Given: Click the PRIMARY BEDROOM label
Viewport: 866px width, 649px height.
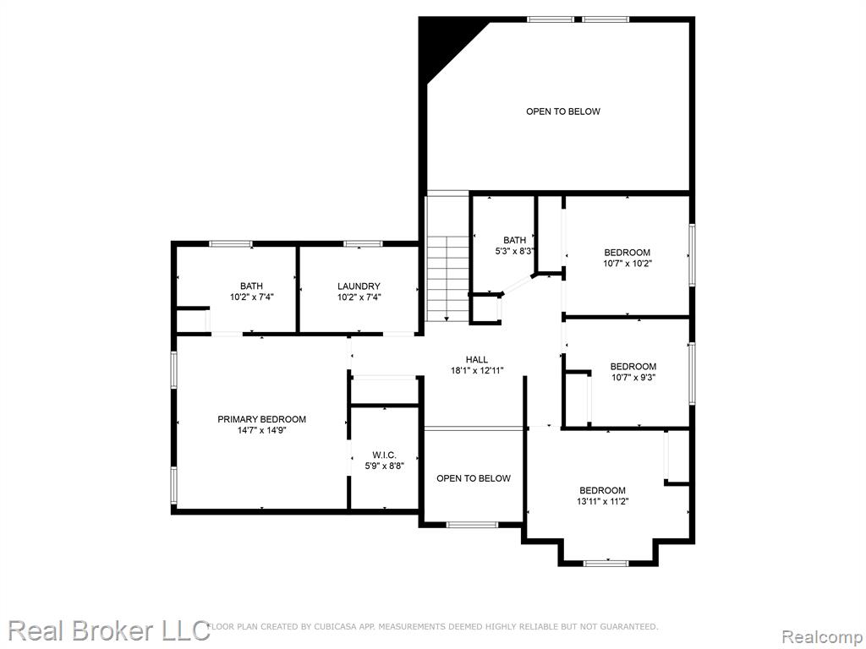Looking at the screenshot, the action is pos(261,419).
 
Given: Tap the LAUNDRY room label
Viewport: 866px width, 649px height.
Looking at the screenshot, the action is pos(359,286).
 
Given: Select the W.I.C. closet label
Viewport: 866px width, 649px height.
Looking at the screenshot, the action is pos(384,455).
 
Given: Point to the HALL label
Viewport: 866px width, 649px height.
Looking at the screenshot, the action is pos(477,360).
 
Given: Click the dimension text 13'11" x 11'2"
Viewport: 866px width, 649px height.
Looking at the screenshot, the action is pos(602,502).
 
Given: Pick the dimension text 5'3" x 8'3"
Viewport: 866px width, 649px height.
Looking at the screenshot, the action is pos(515,251).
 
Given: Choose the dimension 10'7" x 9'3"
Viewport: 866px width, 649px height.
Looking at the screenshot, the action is pos(633,378).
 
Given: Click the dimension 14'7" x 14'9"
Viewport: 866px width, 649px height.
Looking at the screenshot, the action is pos(261,430).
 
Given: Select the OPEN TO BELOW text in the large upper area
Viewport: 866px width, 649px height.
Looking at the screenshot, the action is pos(562,112).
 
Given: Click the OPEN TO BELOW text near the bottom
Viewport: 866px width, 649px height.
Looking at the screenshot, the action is pos(474,478).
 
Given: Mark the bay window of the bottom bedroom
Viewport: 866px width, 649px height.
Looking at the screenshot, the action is pos(606,563).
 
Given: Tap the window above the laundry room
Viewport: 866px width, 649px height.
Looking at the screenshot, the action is pos(363,244).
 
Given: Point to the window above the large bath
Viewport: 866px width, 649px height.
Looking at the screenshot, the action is pos(231,244).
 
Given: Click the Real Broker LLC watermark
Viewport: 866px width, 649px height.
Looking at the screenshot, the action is pos(109,630).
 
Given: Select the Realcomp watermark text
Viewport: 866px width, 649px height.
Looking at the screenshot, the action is pos(822,637).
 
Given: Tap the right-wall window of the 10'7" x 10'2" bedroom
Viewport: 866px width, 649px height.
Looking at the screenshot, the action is pos(692,255).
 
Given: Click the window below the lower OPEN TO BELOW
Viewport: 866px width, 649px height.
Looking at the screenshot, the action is pos(472,524).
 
